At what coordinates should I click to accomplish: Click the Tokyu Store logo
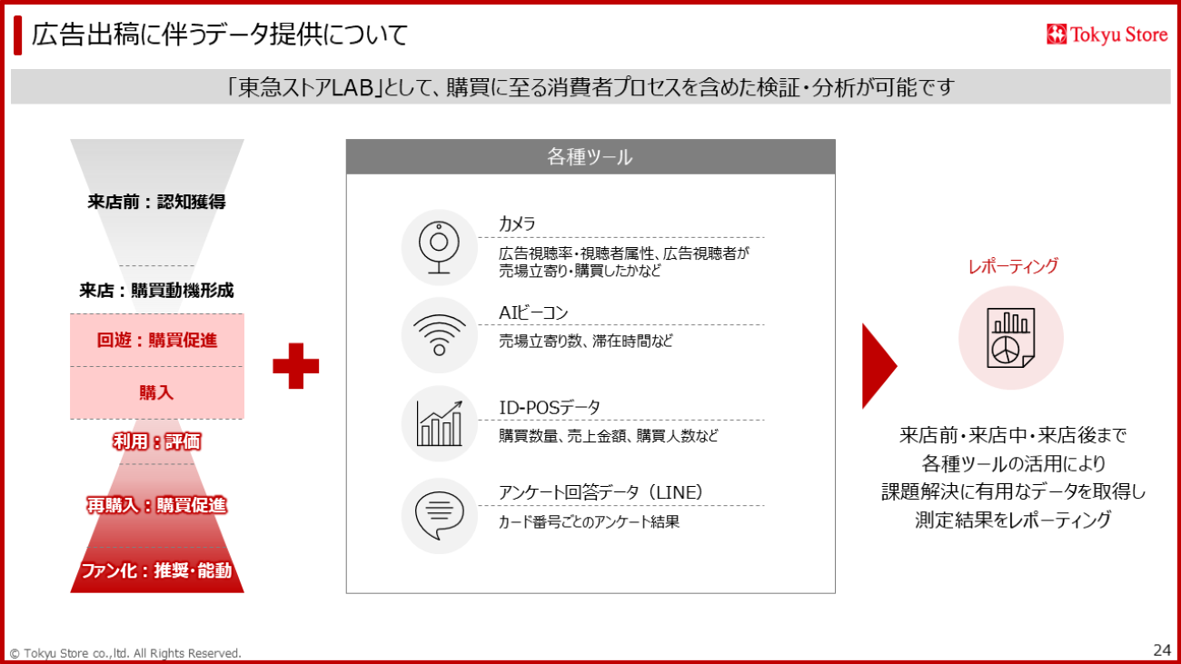click(1107, 35)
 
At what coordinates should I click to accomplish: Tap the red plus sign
click(296, 366)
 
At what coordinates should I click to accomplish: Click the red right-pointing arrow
click(878, 366)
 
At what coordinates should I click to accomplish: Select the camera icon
click(439, 248)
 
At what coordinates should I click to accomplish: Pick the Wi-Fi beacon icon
click(439, 335)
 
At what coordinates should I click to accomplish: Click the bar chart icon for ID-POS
click(439, 423)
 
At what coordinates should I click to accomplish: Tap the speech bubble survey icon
click(439, 515)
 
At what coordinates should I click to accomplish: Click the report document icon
click(1011, 338)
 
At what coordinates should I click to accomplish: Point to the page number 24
click(1162, 649)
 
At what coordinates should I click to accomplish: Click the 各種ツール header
click(590, 156)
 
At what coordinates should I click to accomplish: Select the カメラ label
click(517, 223)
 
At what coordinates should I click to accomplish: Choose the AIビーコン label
click(533, 312)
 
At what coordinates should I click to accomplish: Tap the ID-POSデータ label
click(550, 407)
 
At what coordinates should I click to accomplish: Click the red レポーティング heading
click(1013, 266)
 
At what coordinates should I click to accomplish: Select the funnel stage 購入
click(156, 392)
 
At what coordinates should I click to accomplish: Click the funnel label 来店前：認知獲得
click(156, 202)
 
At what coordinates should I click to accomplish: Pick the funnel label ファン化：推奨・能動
click(156, 570)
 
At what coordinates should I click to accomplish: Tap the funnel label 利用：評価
click(156, 441)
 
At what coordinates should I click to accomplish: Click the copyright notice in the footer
click(125, 653)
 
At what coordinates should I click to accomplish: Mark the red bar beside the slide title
click(17, 35)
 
